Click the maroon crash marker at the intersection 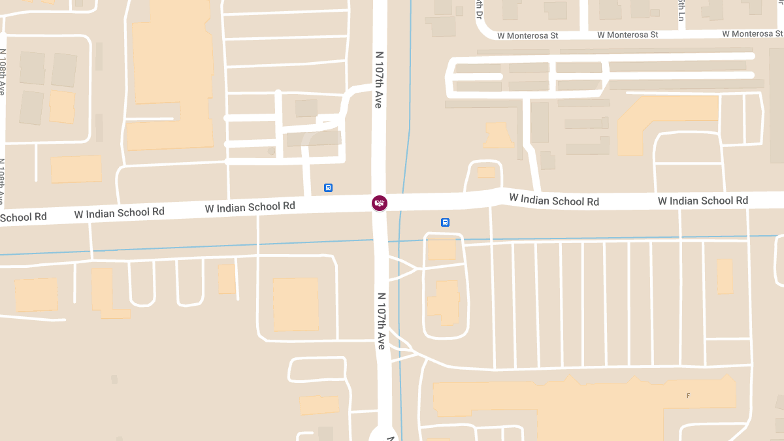(380, 203)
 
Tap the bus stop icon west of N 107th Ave (328, 188)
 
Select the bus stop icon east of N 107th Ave (445, 222)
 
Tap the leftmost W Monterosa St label (527, 35)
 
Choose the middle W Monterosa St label (627, 35)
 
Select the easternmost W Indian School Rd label (702, 201)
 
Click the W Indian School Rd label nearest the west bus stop (250, 207)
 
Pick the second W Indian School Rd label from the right (554, 199)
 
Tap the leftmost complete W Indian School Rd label (119, 212)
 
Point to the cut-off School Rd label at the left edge (24, 217)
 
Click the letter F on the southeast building (688, 396)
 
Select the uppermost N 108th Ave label (3, 71)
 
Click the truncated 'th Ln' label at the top (681, 9)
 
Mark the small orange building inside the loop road (486, 172)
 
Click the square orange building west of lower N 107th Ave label (295, 304)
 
